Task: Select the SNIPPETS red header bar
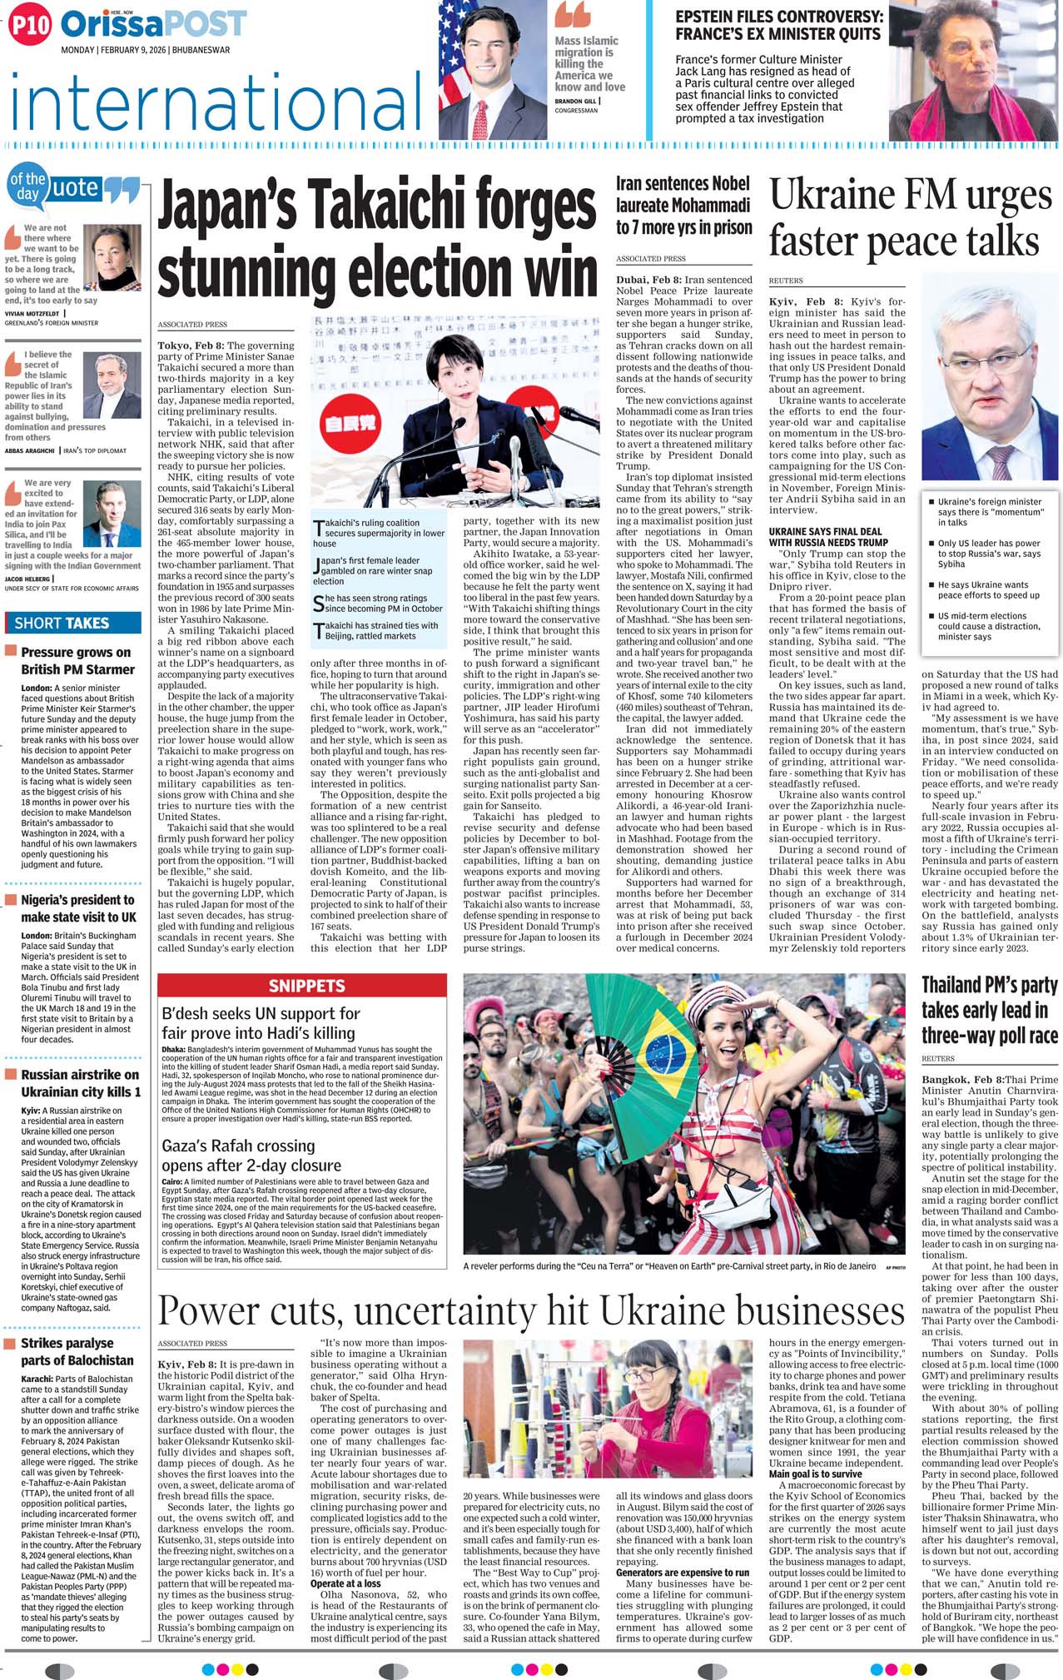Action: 306,986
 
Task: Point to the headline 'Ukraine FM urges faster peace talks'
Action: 911,218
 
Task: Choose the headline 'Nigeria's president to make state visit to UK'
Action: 78,908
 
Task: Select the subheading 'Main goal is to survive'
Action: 815,1474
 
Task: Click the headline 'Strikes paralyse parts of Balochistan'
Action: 77,1351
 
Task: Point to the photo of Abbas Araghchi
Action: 117,385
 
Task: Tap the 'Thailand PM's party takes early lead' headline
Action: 989,1010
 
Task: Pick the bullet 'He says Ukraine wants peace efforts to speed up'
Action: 988,589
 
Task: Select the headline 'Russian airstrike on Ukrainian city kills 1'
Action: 80,1083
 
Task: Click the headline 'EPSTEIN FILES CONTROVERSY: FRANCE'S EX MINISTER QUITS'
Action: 777,25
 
